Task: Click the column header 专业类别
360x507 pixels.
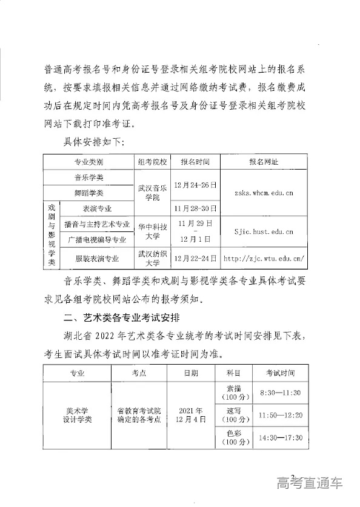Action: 89,162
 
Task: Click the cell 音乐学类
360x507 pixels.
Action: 89,177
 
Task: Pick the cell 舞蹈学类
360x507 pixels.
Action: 89,193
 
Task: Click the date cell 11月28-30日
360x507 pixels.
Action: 195,208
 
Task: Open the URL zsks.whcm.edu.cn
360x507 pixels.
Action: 264,193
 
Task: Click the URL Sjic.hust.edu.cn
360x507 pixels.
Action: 264,231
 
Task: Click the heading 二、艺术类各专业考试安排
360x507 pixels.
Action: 127,317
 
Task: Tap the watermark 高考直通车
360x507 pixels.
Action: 309,483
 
